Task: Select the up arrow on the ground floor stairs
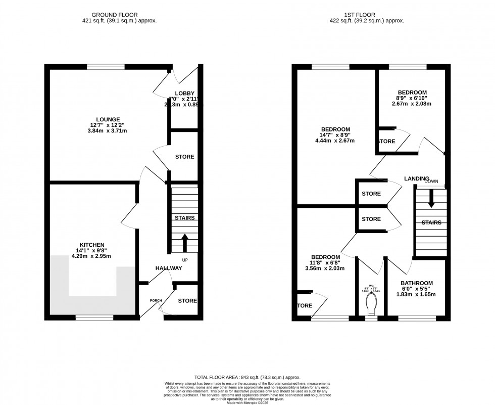pyautogui.click(x=184, y=242)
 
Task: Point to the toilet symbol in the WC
pyautogui.click(x=371, y=304)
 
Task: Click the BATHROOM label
pyautogui.click(x=417, y=283)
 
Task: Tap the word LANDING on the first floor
pyautogui.click(x=416, y=179)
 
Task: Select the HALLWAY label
pyautogui.click(x=169, y=268)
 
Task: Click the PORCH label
pyautogui.click(x=155, y=301)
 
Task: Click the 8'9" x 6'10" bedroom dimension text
pyautogui.click(x=412, y=98)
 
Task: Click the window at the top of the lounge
pyautogui.click(x=106, y=66)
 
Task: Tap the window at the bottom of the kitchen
pyautogui.click(x=94, y=318)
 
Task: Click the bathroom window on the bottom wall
pyautogui.click(x=417, y=319)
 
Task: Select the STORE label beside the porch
pyautogui.click(x=187, y=301)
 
